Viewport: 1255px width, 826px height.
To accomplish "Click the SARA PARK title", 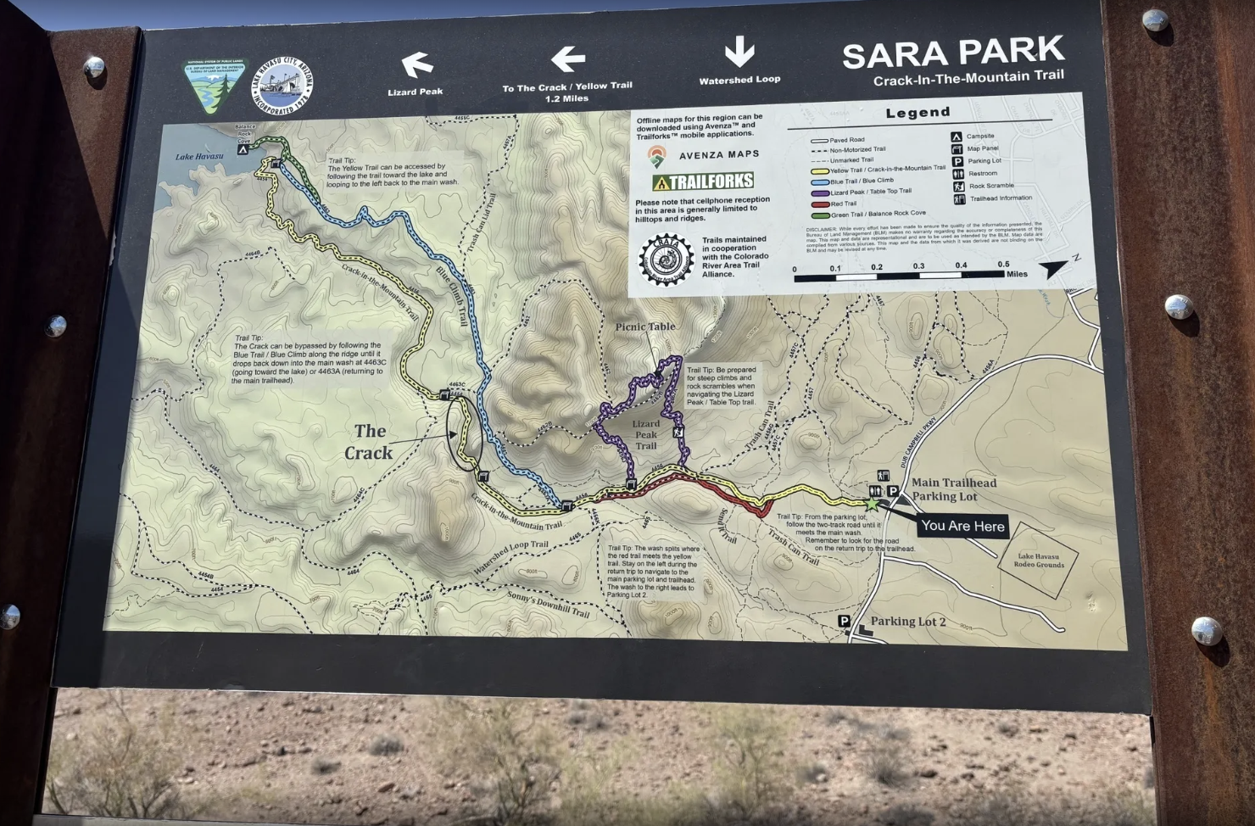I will [952, 53].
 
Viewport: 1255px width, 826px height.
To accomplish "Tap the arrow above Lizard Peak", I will [416, 64].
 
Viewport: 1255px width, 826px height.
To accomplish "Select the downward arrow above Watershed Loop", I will [739, 52].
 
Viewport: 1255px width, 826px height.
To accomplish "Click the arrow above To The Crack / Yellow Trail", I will [567, 59].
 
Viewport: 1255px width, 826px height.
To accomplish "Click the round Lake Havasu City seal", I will [282, 85].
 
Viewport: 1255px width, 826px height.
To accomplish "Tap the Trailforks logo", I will [702, 181].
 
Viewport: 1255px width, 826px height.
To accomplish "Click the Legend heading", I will [918, 113].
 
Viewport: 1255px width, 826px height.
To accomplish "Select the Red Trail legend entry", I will [844, 204].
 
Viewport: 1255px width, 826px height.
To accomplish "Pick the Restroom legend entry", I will [983, 173].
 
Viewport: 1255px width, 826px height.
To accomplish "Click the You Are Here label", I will [962, 526].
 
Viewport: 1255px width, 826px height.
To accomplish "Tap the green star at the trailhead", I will [871, 503].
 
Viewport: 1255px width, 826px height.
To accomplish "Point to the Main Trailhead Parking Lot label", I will [953, 489].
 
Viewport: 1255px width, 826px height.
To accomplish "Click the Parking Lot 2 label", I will [907, 622].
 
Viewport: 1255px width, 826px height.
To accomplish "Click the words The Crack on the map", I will [369, 442].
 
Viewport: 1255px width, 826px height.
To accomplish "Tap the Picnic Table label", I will [645, 326].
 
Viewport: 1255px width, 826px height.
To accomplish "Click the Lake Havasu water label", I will [199, 157].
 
